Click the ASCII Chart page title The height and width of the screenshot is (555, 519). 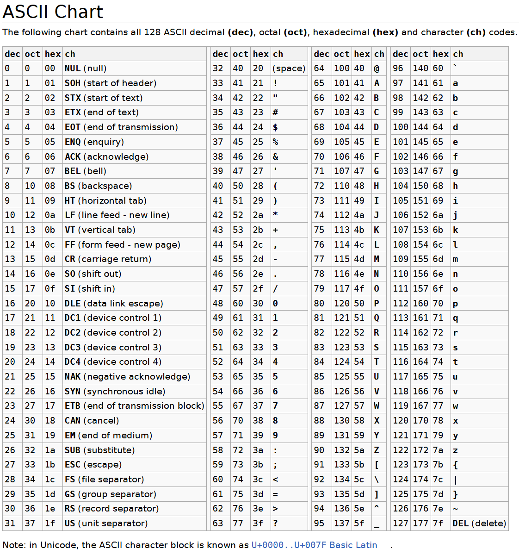tap(53, 12)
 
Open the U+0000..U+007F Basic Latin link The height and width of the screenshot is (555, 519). tap(314, 545)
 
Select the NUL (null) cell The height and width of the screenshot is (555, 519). tap(86, 69)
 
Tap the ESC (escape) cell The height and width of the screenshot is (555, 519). tap(93, 465)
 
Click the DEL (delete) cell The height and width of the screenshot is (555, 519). tap(479, 524)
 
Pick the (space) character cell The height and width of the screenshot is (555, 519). tap(289, 69)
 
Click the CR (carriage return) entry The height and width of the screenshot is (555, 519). tap(108, 259)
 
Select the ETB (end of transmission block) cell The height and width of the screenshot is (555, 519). tap(134, 406)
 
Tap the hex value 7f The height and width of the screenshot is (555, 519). tap(438, 524)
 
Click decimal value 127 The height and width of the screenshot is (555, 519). tap(401, 524)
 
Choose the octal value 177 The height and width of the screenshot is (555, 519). tap(420, 524)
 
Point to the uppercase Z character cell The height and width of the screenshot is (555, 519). tap(377, 450)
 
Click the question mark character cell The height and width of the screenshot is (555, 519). tap(276, 524)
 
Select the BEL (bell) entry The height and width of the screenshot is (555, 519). tap(86, 171)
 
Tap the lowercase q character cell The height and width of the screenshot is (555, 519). tap(456, 318)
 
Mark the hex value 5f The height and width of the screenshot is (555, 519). tap(359, 524)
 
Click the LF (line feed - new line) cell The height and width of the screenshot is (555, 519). tap(117, 215)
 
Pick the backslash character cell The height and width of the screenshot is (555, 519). tap(377, 480)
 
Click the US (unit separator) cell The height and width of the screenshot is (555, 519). tap(106, 524)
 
